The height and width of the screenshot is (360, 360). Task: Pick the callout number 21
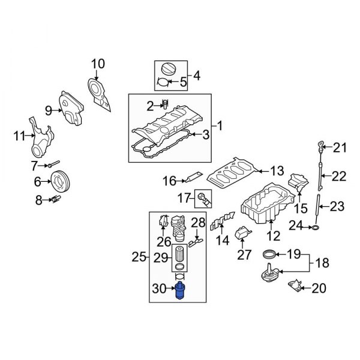[340, 147]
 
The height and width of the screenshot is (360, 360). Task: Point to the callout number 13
[276, 171]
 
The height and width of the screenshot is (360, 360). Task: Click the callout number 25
[139, 257]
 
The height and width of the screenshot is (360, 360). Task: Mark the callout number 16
[169, 180]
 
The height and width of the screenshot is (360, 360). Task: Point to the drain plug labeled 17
[203, 197]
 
